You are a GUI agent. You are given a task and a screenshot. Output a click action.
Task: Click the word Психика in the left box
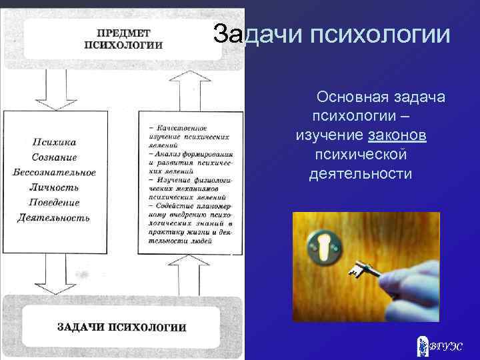(x=54, y=142)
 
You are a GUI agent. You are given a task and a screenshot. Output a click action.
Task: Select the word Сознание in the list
(x=54, y=157)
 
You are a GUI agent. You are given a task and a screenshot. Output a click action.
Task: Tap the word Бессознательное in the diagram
(x=54, y=172)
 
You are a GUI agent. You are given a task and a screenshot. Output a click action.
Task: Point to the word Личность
(x=54, y=187)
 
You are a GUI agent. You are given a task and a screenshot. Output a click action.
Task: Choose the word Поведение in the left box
(x=54, y=202)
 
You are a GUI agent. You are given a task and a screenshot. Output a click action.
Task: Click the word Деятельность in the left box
(x=54, y=217)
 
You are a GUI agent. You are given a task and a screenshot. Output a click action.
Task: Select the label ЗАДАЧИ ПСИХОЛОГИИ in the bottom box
(x=121, y=327)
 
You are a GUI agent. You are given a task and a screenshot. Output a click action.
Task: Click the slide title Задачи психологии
(x=331, y=35)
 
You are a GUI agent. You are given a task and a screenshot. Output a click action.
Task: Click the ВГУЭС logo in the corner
(x=437, y=345)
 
